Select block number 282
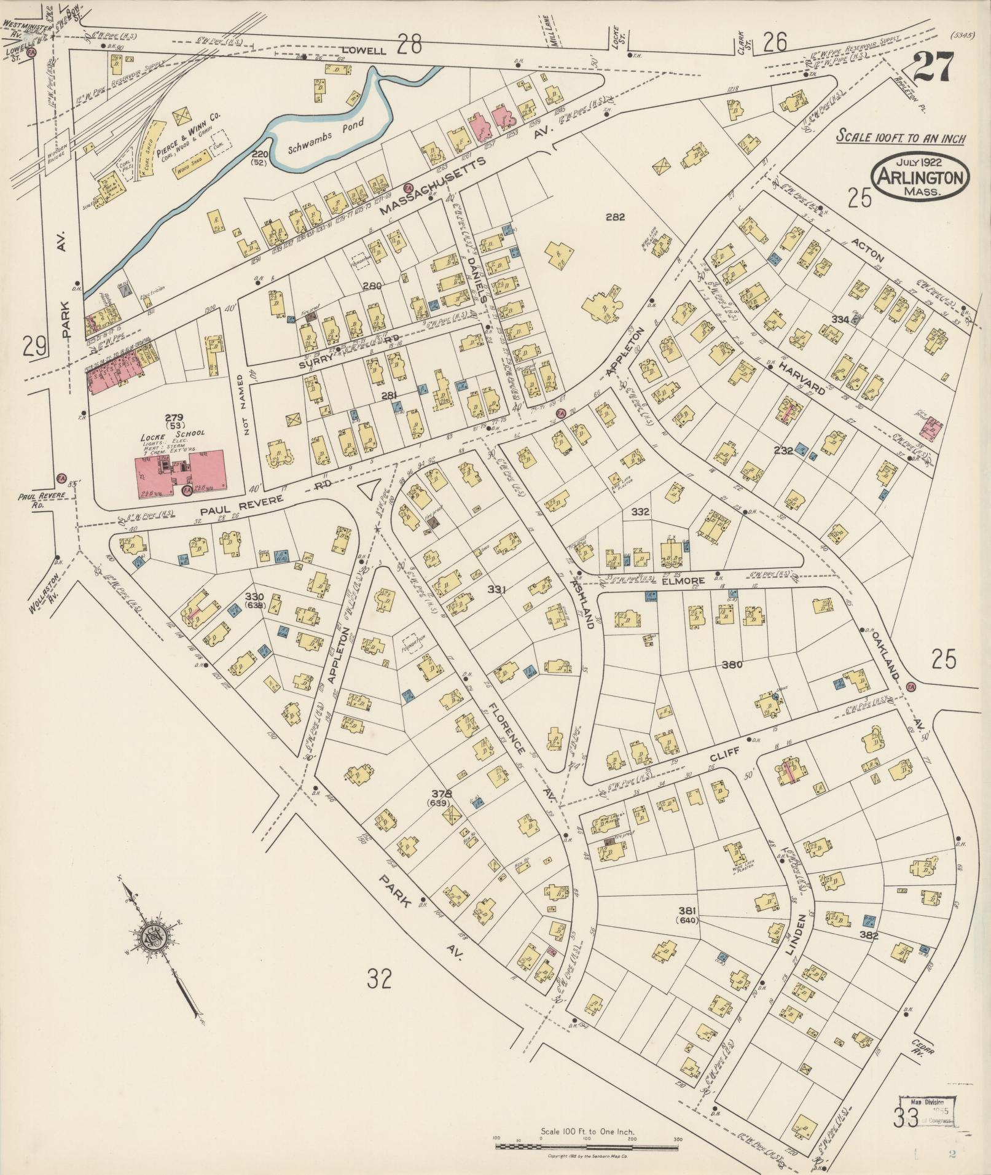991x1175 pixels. tap(615, 217)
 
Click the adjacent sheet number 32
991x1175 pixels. tap(379, 978)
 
